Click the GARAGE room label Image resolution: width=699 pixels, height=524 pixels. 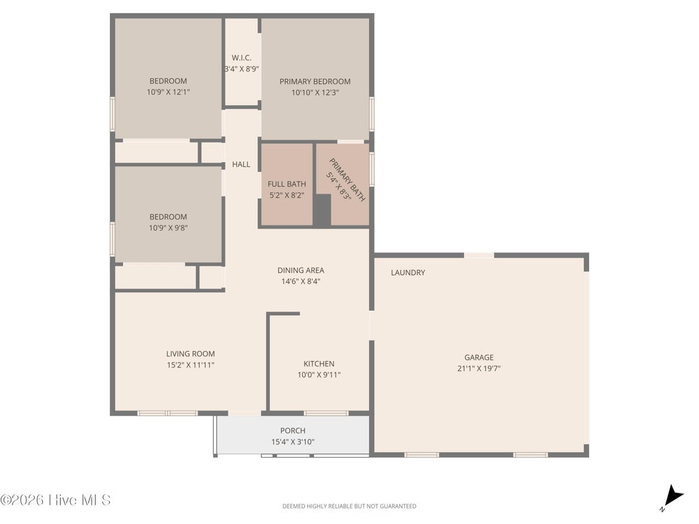pos(479,358)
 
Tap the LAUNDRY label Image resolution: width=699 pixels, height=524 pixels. pos(408,273)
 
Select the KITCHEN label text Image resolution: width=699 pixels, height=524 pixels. pos(319,364)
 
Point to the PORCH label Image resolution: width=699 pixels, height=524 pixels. pos(293,431)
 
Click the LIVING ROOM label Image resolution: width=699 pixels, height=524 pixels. pos(190,354)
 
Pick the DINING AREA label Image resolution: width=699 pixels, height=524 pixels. pos(300,270)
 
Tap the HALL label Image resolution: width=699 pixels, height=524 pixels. pos(241,164)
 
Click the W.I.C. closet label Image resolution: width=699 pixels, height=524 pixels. pos(242,58)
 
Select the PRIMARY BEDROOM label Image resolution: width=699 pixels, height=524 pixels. pos(315,82)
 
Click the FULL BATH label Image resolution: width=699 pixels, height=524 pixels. pos(287,184)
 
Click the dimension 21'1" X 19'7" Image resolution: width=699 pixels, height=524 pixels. pos(479,368)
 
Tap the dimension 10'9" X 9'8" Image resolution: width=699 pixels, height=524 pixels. pos(168,228)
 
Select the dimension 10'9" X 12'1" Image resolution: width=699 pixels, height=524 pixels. pos(168,92)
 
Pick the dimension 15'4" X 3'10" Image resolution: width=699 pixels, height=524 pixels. pos(293,442)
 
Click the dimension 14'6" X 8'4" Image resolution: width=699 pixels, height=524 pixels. pos(300,282)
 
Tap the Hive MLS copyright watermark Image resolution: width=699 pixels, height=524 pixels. pos(55,500)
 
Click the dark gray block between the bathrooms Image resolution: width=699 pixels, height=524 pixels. pos(322,210)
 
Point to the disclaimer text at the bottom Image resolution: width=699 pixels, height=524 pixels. pos(349,506)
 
